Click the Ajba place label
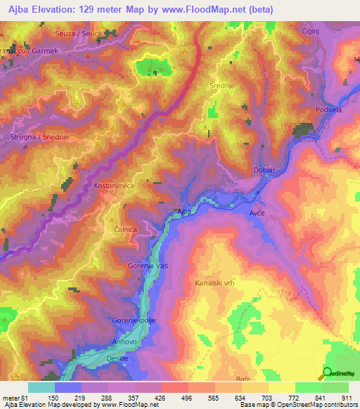(x=184, y=211)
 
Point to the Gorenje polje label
(x=134, y=320)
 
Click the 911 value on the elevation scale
(x=345, y=397)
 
